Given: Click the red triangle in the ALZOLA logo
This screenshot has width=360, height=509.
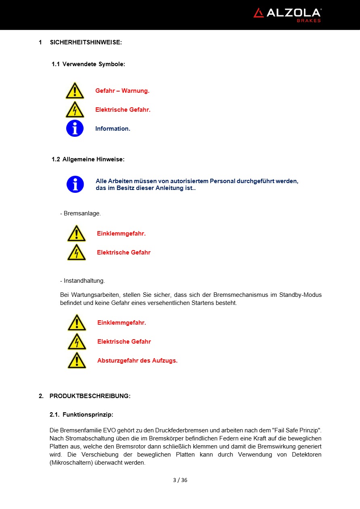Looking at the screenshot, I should click(259, 13).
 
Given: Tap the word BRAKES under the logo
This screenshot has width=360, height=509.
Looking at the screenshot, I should click(309, 21).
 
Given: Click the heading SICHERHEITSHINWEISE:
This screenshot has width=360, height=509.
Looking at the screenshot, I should click(86, 42).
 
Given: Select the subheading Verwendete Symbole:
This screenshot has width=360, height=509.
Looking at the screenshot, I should click(94, 64).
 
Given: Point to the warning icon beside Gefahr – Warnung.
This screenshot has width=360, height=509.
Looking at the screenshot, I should click(75, 91).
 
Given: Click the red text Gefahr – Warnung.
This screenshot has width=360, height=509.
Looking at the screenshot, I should click(122, 91).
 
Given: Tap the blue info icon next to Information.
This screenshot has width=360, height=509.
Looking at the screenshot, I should click(75, 128).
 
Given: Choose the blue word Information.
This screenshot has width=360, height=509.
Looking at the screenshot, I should click(113, 129).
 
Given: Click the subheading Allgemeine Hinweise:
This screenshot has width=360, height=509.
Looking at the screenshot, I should click(93, 159).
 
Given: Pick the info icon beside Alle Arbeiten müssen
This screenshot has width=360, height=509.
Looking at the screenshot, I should click(75, 184).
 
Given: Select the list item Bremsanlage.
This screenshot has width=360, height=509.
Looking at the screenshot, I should click(82, 213).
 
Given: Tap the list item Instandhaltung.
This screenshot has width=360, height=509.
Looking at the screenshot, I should click(84, 281).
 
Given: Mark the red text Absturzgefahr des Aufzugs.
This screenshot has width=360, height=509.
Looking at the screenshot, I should click(137, 361).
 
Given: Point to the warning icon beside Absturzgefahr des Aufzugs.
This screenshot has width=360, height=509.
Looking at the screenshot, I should click(77, 360).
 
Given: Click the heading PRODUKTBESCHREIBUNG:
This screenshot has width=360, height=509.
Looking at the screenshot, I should click(90, 396).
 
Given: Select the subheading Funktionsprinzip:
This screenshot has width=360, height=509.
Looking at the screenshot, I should click(88, 414).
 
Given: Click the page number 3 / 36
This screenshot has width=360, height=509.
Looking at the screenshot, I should click(180, 480).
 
